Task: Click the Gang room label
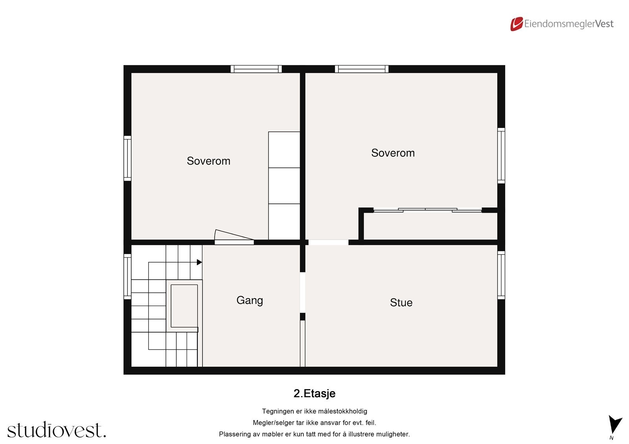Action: (x=250, y=300)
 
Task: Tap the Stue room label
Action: (x=401, y=303)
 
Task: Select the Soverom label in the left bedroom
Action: (x=208, y=161)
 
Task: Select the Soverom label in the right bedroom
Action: (x=393, y=153)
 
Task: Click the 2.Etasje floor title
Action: (x=314, y=393)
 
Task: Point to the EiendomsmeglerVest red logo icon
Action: (x=517, y=24)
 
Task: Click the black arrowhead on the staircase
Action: (x=199, y=262)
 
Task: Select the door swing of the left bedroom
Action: (x=233, y=235)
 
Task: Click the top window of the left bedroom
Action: (x=256, y=69)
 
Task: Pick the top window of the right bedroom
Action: (x=362, y=69)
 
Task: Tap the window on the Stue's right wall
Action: (x=501, y=275)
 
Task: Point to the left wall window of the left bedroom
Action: (x=127, y=158)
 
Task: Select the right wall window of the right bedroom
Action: (x=501, y=155)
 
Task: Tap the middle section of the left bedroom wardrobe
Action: (x=284, y=186)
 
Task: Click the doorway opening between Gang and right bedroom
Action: (x=328, y=242)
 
